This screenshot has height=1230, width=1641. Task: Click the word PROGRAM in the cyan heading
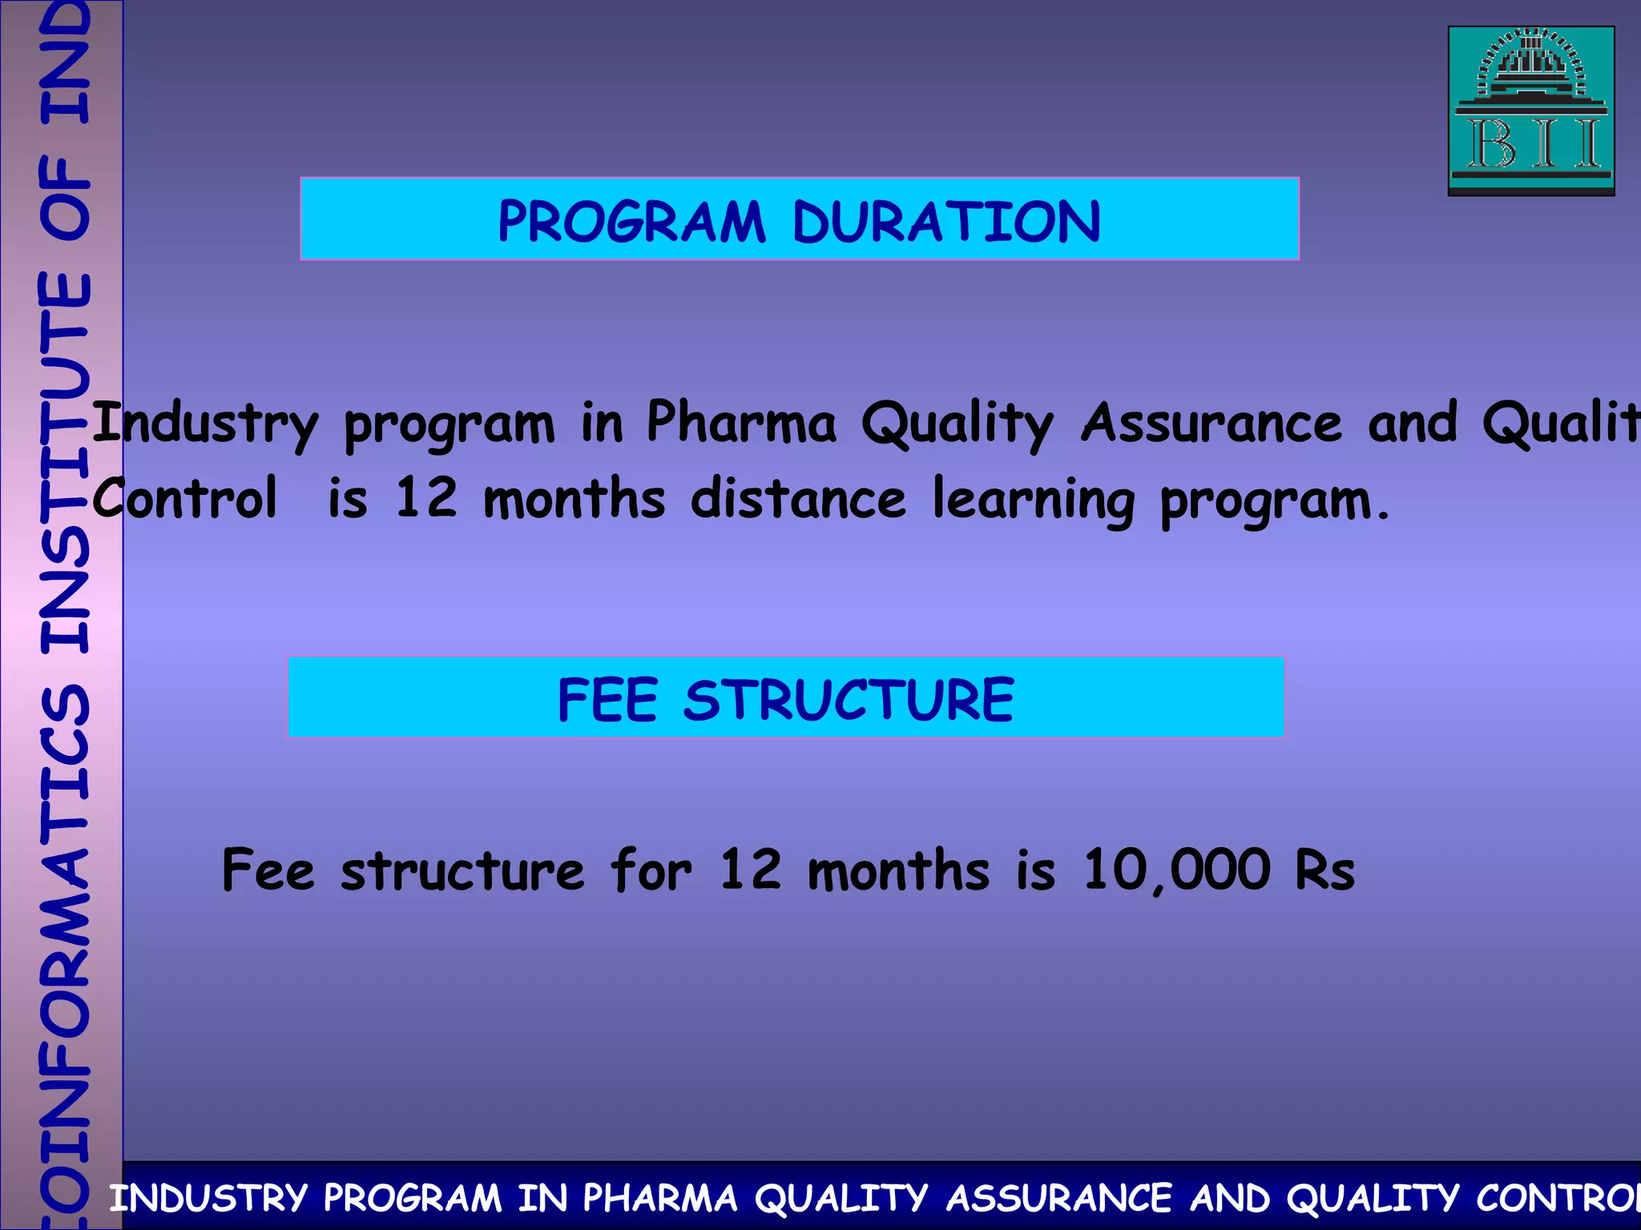pos(631,222)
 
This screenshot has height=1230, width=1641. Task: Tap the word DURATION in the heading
pos(946,222)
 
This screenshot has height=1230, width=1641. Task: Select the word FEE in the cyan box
pos(608,700)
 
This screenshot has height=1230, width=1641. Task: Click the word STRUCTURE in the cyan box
pos(849,700)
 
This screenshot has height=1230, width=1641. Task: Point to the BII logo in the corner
pos(1530,111)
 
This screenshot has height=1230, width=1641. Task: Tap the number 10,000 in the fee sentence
pos(1176,870)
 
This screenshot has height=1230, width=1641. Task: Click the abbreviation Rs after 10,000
pos(1324,870)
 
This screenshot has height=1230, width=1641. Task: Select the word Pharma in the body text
pos(741,422)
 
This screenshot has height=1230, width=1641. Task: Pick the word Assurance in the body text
pos(1211,422)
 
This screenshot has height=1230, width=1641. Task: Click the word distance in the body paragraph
pos(798,498)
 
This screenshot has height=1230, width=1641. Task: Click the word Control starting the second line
pos(185,498)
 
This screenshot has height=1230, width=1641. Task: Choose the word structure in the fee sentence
pos(462,870)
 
